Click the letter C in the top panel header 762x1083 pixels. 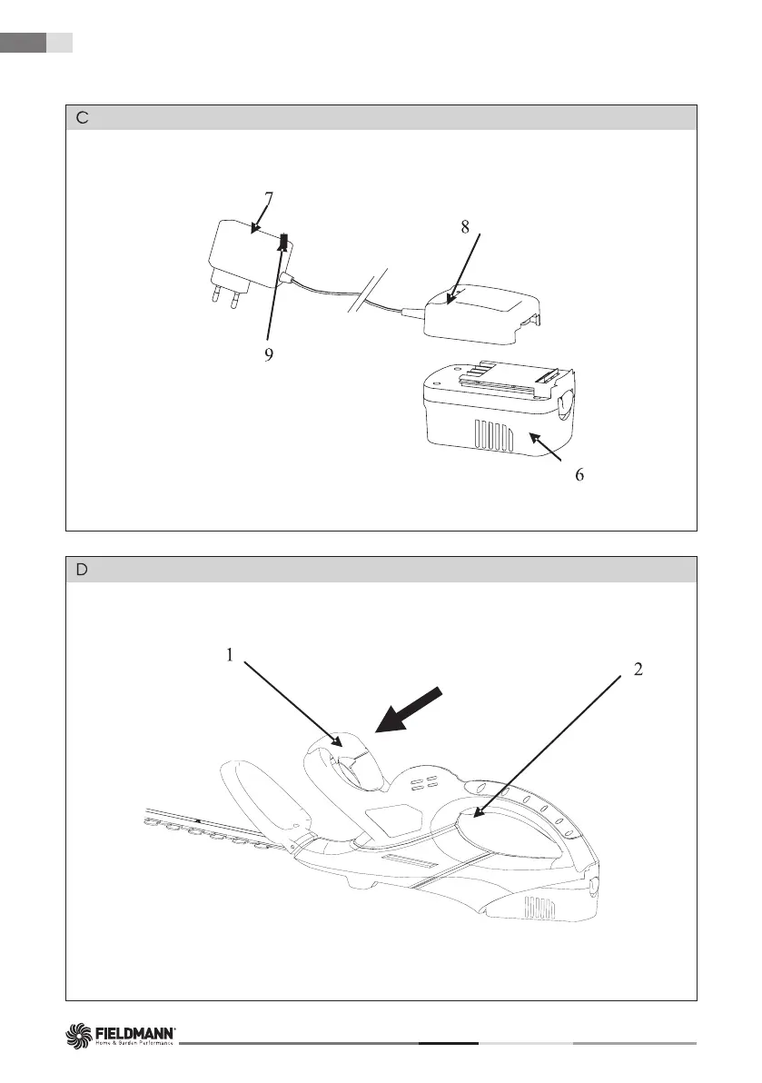pos(82,118)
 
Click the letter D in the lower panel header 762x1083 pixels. pos(82,570)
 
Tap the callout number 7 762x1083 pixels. pos(269,196)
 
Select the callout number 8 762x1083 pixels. pos(465,228)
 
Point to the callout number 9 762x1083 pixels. pos(269,355)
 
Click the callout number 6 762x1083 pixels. pos(579,475)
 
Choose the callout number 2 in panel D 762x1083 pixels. pos(638,670)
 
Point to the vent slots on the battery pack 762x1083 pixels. pos(491,438)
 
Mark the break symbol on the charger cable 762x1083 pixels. pos(371,288)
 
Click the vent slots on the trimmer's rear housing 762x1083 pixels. pos(541,909)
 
